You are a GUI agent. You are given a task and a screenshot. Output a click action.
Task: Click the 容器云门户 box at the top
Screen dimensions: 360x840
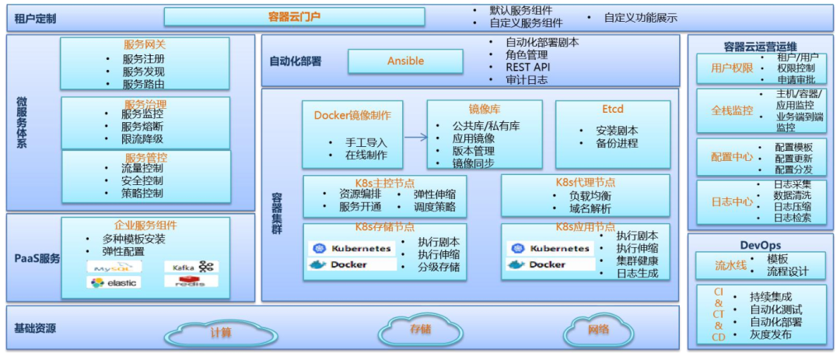click(294, 16)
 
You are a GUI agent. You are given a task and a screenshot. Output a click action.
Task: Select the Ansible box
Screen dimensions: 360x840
click(405, 61)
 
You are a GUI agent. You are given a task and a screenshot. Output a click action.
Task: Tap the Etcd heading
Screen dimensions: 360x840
click(612, 109)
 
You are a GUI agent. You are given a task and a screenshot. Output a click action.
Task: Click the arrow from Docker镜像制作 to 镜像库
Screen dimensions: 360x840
click(415, 138)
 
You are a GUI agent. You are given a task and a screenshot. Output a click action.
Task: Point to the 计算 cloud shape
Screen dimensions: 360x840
click(221, 333)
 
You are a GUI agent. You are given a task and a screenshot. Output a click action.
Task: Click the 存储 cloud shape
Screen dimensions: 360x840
click(420, 329)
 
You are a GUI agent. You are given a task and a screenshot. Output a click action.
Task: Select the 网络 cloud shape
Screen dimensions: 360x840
click(598, 330)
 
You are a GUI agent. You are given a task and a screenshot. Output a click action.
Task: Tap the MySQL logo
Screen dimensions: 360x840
click(107, 267)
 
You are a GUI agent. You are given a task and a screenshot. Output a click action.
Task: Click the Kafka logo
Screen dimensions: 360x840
click(191, 267)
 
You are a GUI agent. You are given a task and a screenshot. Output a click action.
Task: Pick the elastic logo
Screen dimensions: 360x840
click(107, 283)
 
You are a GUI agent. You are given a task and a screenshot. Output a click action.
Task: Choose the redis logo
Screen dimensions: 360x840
click(191, 281)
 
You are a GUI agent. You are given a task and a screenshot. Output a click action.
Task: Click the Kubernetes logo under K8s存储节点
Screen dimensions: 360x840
click(351, 249)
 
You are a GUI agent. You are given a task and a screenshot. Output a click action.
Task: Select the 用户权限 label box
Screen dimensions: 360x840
click(732, 68)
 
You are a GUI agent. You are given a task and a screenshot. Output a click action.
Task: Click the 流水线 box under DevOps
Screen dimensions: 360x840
click(730, 265)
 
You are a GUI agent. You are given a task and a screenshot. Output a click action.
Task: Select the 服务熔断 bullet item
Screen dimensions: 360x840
click(142, 126)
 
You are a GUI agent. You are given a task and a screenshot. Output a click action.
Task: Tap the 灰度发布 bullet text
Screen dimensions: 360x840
click(771, 334)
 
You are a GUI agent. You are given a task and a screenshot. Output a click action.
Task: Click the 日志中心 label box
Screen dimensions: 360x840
click(732, 201)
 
